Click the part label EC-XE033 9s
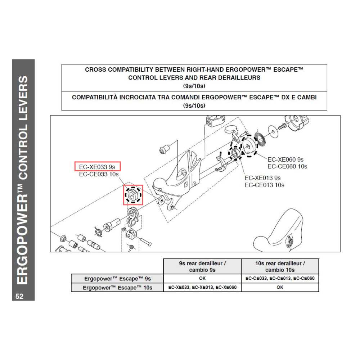coord(97,167)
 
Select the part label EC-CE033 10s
coord(99,174)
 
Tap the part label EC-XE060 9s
coord(285,159)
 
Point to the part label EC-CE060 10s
coord(287,166)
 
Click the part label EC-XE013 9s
coord(262,178)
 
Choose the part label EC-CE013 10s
coord(264,185)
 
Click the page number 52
coord(19,296)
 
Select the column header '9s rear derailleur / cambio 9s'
coord(202,266)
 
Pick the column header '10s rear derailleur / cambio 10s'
coord(280,266)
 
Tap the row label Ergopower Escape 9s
coord(117,279)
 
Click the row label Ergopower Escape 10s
coord(117,287)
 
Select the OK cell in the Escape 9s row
coord(202,279)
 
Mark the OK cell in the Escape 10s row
coord(280,287)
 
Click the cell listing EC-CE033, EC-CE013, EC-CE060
coord(280,279)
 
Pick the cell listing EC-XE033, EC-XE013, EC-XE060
coord(202,287)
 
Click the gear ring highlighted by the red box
coord(133,195)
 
